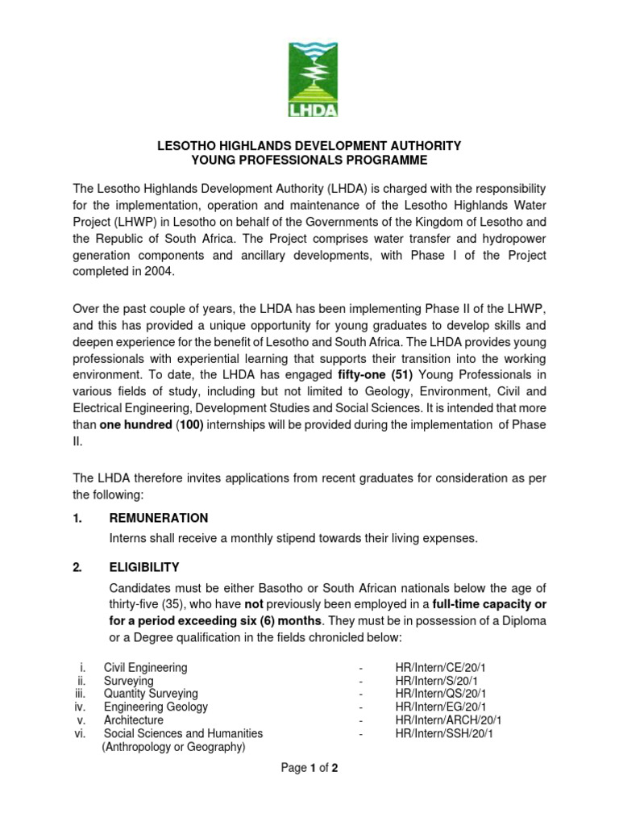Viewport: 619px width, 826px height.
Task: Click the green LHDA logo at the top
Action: (309, 80)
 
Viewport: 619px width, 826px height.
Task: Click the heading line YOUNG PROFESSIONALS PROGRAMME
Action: (309, 160)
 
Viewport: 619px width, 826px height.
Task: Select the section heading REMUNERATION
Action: (159, 518)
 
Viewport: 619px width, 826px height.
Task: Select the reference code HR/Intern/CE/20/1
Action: (440, 668)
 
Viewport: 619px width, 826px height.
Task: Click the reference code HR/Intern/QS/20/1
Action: (441, 694)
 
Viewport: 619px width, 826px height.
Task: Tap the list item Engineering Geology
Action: (156, 707)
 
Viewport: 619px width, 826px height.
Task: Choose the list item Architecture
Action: (133, 720)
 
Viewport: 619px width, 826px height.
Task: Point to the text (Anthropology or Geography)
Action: (173, 747)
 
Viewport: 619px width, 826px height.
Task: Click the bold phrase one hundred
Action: (135, 423)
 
